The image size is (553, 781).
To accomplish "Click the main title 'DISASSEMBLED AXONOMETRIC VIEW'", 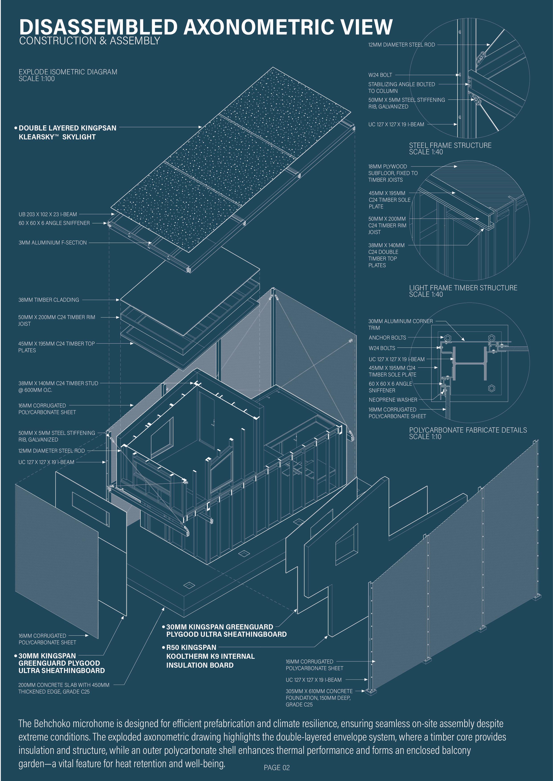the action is point(206,27).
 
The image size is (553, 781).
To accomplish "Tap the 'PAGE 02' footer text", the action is point(276,767).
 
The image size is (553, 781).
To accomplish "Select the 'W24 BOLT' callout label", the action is point(380,75).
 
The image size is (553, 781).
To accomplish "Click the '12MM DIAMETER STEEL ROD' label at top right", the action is point(401,45).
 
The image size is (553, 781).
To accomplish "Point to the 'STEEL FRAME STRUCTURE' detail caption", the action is point(450,145).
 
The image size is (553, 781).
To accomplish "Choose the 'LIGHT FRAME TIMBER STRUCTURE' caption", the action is point(463,288).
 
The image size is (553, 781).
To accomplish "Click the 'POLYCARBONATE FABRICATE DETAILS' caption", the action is point(468,430).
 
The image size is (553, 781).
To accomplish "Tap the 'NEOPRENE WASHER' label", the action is point(393,400).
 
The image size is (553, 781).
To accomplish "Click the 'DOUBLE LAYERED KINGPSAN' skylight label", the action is point(67,128).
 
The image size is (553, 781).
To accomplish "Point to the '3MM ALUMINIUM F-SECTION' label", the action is point(53,243).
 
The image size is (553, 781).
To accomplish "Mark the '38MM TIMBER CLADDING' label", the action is point(49,300).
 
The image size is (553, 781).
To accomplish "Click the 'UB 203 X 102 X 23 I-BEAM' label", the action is point(48,214).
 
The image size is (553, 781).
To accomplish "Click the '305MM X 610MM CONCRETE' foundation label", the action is point(319,691).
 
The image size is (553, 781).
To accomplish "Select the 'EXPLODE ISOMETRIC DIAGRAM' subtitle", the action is point(68,72).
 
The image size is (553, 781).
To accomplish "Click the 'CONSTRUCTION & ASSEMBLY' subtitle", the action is point(89,41).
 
